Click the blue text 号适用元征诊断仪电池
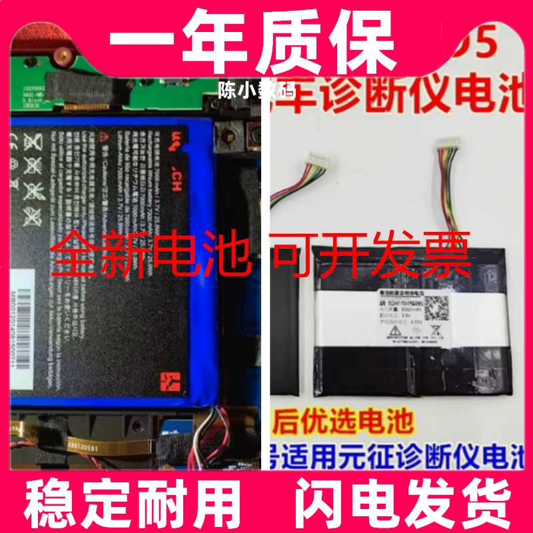point(400,454)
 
